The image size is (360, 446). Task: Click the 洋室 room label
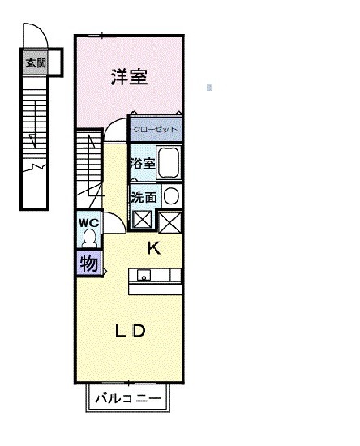tap(129, 78)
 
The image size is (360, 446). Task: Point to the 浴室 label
tap(142, 163)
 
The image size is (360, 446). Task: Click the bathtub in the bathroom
tap(168, 163)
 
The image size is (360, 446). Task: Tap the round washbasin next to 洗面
tap(170, 196)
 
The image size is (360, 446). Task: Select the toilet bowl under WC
tap(89, 238)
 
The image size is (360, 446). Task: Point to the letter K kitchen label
tap(153, 248)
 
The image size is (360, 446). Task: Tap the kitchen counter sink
tap(145, 274)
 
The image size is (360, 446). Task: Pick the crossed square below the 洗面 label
tap(143, 220)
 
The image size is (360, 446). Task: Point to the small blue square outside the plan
tap(209, 87)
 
